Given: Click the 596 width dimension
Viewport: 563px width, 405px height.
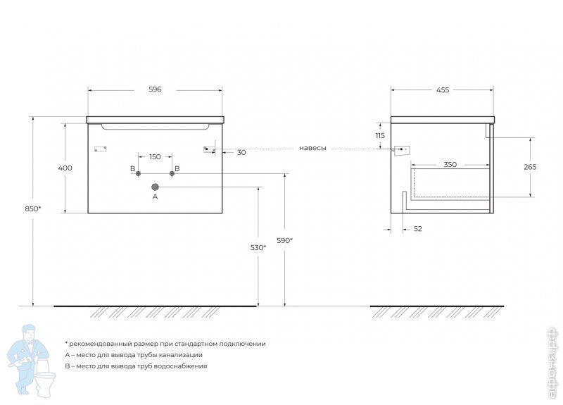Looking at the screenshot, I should point(155,89).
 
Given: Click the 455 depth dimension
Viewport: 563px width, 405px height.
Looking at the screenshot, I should point(442,89).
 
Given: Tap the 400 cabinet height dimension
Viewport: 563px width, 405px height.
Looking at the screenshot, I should point(65,168).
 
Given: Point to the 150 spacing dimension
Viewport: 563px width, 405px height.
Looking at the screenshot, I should point(155,156).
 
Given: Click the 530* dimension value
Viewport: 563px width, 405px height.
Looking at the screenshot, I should point(258,247).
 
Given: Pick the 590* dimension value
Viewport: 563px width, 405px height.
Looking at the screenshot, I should point(284,240).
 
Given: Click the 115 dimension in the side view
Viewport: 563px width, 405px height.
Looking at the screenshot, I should point(380,135).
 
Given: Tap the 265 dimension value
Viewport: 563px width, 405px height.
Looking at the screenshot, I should point(530,167).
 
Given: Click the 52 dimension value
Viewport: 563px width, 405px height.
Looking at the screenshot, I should point(418,229).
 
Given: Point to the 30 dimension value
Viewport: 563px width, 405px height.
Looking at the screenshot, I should point(241,152).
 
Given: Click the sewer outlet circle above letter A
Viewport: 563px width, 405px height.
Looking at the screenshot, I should point(156,187).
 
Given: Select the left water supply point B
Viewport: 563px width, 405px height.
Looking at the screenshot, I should point(139,173).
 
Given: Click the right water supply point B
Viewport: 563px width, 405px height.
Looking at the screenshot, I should point(171,173).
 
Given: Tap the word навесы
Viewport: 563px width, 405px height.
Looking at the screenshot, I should point(312,148).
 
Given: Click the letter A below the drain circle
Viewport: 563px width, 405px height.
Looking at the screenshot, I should point(156,197).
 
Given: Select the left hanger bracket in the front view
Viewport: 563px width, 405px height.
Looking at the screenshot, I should point(99,149).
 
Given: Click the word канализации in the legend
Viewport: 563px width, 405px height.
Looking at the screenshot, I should point(179,355).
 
